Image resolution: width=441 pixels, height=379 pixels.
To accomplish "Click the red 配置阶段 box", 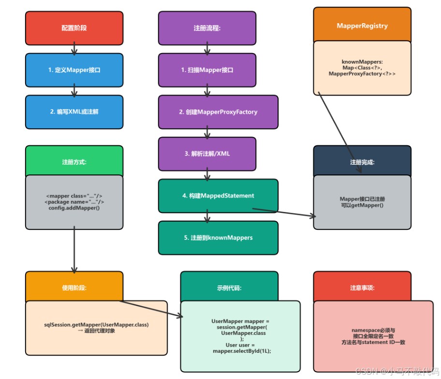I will (74, 28).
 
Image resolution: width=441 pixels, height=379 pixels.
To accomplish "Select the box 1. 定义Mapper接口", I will (74, 70).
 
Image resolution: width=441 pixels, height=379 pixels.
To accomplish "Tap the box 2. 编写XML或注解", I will (74, 112).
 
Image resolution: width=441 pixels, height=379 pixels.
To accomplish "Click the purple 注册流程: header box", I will (207, 28).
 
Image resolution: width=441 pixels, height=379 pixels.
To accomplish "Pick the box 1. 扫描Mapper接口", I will (207, 70).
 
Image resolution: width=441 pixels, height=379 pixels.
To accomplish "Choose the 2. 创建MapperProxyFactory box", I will (218, 112).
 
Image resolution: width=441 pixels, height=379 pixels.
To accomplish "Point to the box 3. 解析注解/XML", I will (207, 154).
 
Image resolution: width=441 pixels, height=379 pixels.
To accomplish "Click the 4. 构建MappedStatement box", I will (218, 196).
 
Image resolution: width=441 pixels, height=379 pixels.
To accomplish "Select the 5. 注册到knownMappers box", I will (218, 238).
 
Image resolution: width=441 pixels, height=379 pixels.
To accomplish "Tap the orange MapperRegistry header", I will (362, 25).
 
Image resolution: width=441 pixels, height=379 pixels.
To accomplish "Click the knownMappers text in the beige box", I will (362, 62).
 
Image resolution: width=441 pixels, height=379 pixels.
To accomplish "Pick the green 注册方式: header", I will (74, 162).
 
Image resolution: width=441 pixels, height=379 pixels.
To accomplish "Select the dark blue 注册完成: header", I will (362, 162).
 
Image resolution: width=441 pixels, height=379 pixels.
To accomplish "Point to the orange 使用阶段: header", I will (74, 288).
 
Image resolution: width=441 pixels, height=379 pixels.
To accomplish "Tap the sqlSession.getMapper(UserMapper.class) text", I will (96, 324).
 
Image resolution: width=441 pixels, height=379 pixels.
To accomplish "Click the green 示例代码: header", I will (229, 288).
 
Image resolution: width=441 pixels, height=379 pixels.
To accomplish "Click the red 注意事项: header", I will (362, 288).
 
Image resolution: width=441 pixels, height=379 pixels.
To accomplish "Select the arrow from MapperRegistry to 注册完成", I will (334, 121).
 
